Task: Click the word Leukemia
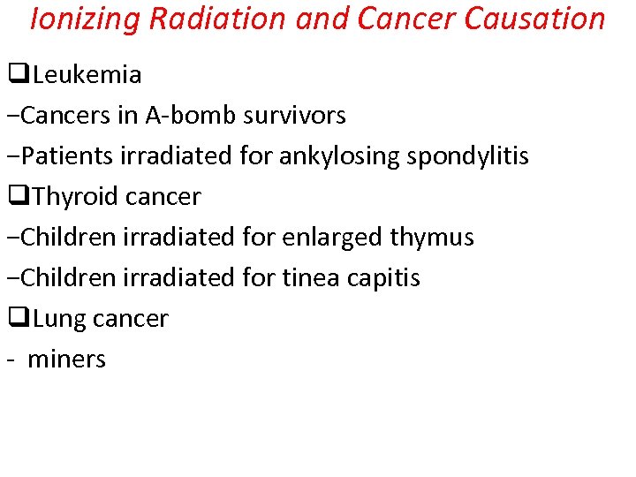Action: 87,75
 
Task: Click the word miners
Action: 66,360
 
